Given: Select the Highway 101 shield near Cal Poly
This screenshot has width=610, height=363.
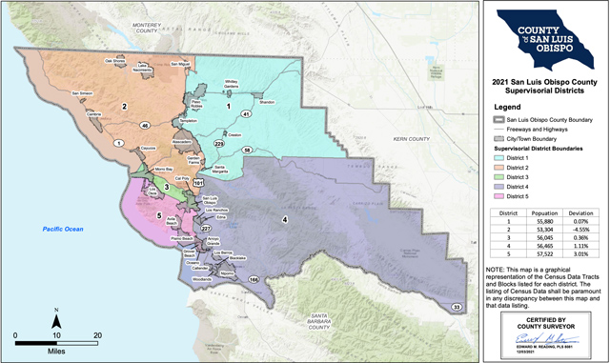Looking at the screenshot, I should click(x=198, y=182).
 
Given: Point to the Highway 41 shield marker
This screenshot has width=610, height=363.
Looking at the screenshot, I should click(x=245, y=114).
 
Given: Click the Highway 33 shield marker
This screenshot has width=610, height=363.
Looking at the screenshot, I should click(x=457, y=307).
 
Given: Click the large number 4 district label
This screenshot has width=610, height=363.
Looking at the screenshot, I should click(x=284, y=220).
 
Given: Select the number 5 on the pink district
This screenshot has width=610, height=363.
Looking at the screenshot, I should click(x=158, y=215).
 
